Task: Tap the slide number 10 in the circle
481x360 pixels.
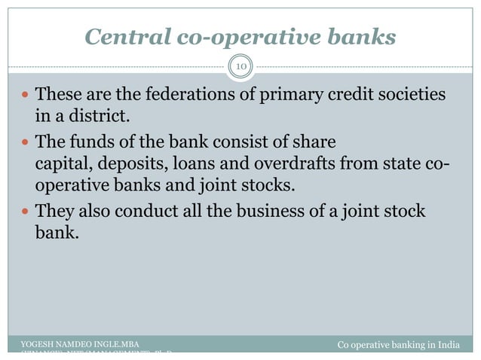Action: click(x=241, y=68)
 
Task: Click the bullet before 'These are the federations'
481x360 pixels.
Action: click(x=26, y=97)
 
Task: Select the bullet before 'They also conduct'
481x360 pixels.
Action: click(x=26, y=213)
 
